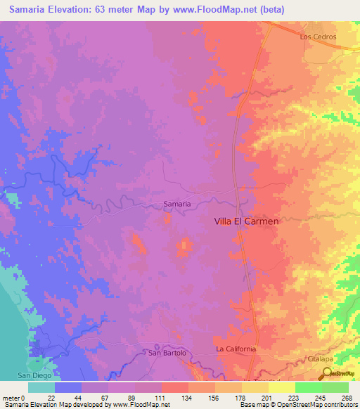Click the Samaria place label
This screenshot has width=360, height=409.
[176, 204]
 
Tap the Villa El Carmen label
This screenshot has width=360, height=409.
[246, 221]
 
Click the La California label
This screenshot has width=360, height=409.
[236, 349]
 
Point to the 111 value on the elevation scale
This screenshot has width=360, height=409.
[161, 397]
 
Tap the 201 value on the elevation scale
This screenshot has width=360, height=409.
[268, 397]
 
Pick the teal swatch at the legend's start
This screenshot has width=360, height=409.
[41, 387]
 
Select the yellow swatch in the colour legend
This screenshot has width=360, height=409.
[281, 387]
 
